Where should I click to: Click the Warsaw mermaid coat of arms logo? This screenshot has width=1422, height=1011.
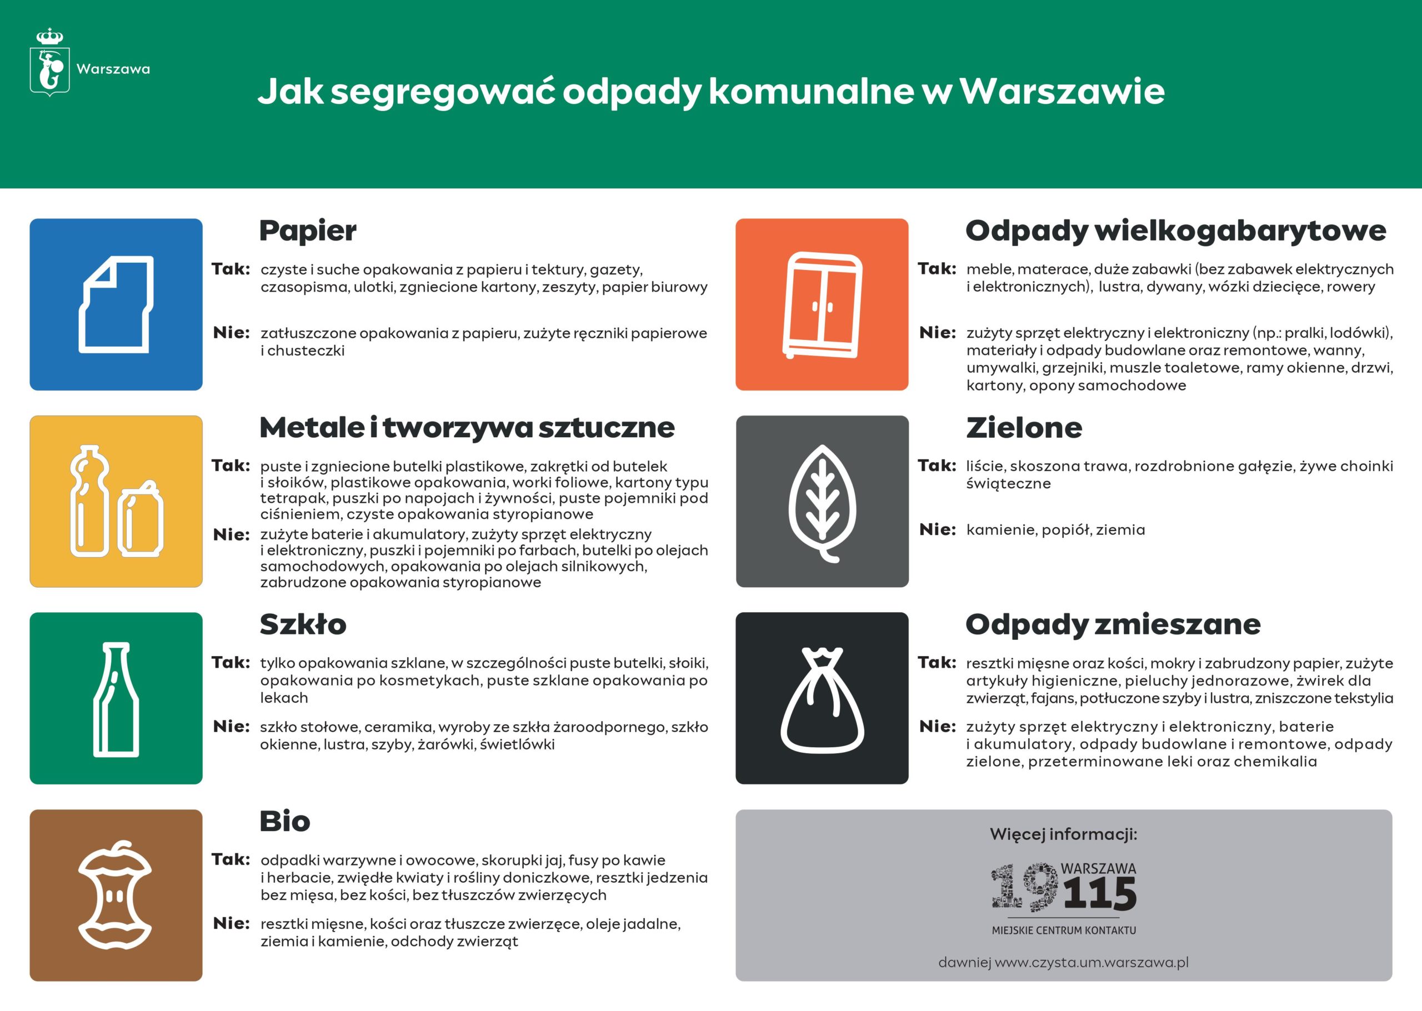click(x=50, y=63)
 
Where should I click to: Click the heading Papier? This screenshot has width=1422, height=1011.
click(x=307, y=231)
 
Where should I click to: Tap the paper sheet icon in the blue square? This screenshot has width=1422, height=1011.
click(x=116, y=304)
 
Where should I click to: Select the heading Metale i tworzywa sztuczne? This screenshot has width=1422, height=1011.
click(x=467, y=428)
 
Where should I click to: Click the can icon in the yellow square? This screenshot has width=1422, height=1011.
click(x=141, y=519)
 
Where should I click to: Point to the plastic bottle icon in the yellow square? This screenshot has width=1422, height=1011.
click(x=89, y=502)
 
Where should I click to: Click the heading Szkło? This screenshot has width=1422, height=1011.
click(x=302, y=624)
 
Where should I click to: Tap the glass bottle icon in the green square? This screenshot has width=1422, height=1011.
click(x=116, y=699)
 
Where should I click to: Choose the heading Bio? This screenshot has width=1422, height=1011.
click(x=284, y=821)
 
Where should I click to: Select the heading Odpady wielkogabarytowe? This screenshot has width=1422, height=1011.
click(x=1175, y=231)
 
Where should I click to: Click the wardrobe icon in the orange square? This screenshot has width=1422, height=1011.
click(x=822, y=305)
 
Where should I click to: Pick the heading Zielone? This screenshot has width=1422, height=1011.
click(x=1024, y=428)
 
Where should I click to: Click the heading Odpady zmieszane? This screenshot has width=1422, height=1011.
click(x=1113, y=624)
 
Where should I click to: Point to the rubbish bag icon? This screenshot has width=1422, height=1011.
click(x=822, y=700)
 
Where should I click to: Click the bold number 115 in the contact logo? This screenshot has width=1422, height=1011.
click(x=1100, y=894)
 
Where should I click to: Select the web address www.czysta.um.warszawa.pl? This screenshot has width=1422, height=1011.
click(x=1091, y=963)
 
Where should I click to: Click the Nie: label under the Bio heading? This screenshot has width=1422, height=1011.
click(x=231, y=923)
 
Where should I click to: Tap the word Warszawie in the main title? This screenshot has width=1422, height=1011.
click(x=1062, y=91)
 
